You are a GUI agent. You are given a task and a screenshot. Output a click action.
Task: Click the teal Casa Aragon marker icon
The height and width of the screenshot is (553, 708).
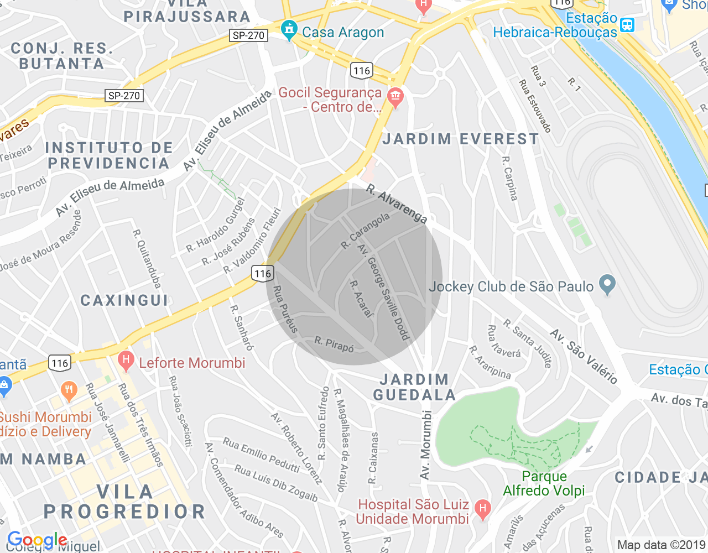(289, 31)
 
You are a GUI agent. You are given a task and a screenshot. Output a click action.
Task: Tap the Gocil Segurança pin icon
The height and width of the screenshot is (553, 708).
(395, 98)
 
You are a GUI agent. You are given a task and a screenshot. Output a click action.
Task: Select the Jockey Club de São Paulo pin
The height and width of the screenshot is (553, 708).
(607, 285)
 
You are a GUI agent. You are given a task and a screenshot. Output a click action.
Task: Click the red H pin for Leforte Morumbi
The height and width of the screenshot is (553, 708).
(126, 362)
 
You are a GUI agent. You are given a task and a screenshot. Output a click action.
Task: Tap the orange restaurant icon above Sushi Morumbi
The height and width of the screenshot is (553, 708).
(69, 390)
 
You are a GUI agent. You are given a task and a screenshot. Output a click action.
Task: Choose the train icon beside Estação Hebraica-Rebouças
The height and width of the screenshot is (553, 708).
(627, 25)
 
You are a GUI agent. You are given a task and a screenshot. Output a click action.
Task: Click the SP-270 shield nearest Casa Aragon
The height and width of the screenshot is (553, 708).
(248, 35)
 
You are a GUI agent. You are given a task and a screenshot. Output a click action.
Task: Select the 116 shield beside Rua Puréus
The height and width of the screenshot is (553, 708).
(263, 273)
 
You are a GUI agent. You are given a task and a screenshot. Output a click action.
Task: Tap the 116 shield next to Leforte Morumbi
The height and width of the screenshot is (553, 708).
(60, 363)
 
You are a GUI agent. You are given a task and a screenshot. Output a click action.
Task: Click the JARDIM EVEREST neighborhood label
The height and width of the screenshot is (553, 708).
(460, 139)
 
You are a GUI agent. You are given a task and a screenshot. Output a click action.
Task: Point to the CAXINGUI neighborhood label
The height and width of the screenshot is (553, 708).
(124, 300)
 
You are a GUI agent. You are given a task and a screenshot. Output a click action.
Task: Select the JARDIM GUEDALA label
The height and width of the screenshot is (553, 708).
(414, 387)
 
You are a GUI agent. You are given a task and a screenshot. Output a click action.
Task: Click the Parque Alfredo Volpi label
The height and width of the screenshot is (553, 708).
(544, 483)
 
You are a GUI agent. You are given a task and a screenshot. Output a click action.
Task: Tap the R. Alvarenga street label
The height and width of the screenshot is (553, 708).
(397, 204)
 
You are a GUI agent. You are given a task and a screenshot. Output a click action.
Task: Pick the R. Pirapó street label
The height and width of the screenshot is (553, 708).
(334, 344)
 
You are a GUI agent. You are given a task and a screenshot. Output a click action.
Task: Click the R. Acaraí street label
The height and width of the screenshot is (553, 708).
(362, 299)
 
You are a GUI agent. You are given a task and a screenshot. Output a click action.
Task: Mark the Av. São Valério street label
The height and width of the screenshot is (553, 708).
(584, 357)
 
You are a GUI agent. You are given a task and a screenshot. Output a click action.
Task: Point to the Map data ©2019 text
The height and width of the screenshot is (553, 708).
(662, 545)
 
